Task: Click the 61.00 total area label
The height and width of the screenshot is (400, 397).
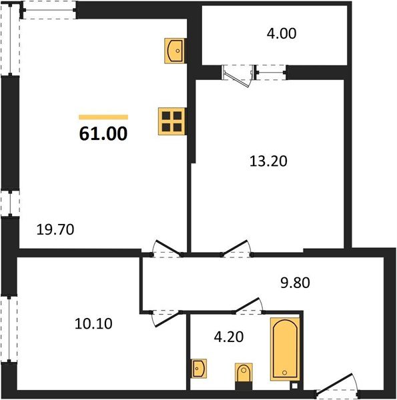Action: pos(103,133)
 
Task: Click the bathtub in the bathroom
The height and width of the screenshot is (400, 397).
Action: pos(284,349)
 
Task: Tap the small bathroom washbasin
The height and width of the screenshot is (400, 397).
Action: pos(199,367)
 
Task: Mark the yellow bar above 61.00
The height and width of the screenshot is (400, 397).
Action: pos(103,117)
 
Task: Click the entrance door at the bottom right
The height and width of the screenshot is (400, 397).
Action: pos(336,385)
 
